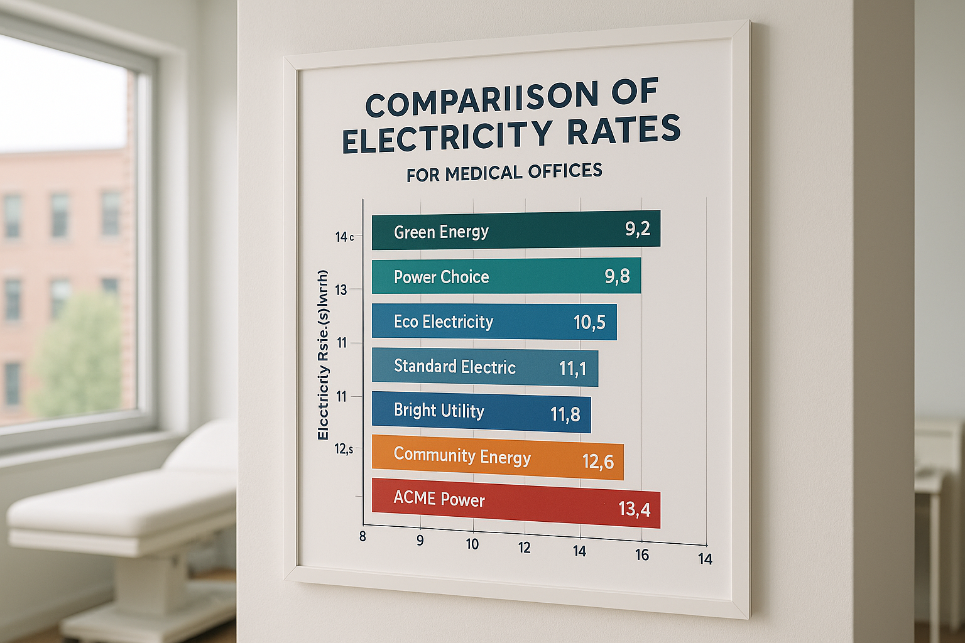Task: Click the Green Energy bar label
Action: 441,232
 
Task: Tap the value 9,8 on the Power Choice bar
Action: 617,276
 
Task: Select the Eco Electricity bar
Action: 494,321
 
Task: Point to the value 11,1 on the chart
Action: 572,368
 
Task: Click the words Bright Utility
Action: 439,411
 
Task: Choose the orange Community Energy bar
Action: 497,457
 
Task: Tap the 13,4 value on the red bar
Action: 634,508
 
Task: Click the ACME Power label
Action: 439,500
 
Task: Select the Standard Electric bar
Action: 484,367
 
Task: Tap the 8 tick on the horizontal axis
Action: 363,537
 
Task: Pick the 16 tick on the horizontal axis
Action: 641,554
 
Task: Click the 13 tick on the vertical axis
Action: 341,290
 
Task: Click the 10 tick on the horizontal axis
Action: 472,544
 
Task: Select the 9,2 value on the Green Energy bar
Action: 637,229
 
